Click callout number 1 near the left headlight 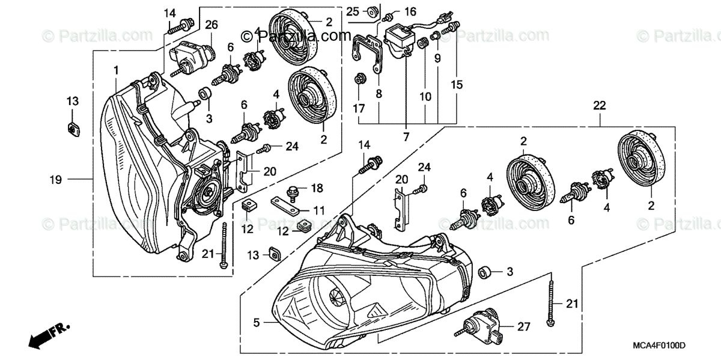click(116, 71)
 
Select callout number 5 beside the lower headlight click(257, 323)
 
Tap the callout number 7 click(406, 138)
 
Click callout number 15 click(458, 85)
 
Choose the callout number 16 click(410, 11)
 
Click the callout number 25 click(353, 11)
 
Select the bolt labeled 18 click(294, 191)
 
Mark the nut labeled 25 click(372, 10)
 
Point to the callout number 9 click(437, 58)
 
